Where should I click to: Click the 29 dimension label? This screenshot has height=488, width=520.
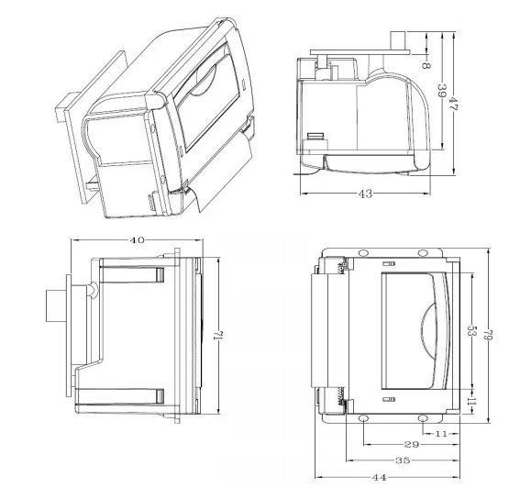pos(412,444)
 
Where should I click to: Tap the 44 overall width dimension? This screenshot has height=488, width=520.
pos(379,476)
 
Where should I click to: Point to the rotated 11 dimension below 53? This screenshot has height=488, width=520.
pos(470,401)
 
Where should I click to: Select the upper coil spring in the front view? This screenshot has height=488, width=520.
pos(340,269)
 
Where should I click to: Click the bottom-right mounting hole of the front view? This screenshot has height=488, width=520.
pos(425,420)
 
